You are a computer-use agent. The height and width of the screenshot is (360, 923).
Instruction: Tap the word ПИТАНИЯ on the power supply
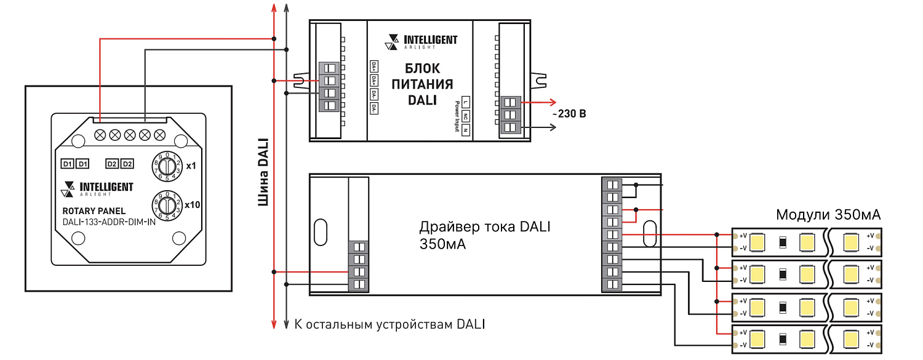point(422,84)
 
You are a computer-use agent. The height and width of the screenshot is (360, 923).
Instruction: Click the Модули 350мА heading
point(828,215)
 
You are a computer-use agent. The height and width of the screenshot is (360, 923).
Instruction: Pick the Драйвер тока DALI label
point(484,227)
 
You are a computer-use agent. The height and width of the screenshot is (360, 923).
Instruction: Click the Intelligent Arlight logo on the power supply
point(422,41)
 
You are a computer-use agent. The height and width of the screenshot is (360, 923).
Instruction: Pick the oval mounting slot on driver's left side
point(319,233)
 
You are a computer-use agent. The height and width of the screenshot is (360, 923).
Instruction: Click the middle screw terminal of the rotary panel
point(129,134)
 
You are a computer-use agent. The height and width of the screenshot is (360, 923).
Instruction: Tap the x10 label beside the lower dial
point(192,204)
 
